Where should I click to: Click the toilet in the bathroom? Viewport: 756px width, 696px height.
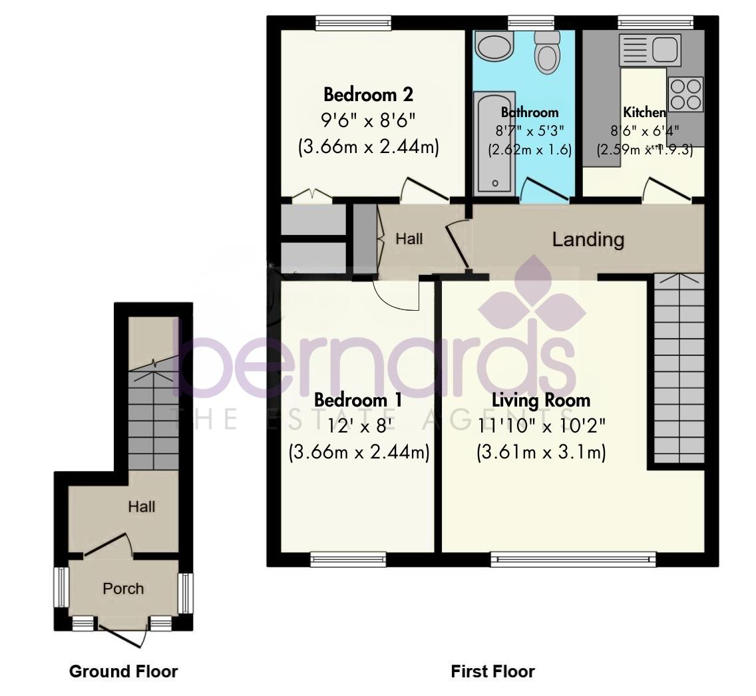(x=548, y=53)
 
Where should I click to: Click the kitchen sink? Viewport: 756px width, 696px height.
(x=648, y=49)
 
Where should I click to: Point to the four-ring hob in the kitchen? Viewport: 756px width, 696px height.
(x=685, y=94)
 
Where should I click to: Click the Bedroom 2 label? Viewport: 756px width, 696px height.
(x=368, y=94)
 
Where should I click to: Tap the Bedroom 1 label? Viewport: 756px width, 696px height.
(x=358, y=400)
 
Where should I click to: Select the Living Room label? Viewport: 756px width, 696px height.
(x=540, y=400)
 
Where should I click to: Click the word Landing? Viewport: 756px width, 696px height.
(x=588, y=240)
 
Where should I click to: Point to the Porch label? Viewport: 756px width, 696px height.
(x=123, y=589)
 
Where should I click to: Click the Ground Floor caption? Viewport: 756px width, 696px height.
(x=123, y=671)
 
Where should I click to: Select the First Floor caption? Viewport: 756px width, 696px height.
(x=492, y=671)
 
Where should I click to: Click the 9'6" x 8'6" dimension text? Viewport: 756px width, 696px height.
(x=368, y=120)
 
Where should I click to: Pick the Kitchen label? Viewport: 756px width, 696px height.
(x=644, y=112)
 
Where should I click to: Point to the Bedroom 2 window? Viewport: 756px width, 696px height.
(x=353, y=24)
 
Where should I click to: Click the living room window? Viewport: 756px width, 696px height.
(x=573, y=559)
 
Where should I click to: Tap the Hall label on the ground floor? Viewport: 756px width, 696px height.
(x=142, y=507)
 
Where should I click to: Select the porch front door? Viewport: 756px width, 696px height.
(x=123, y=635)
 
